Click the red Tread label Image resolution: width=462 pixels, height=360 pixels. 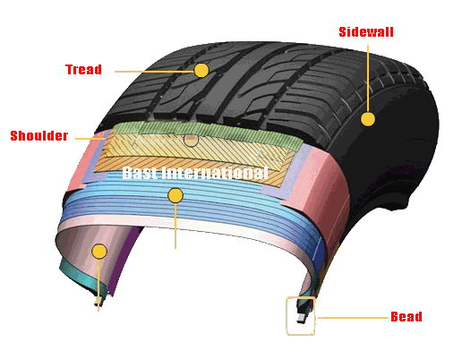click(x=83, y=69)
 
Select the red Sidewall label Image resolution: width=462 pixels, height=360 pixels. click(x=366, y=32)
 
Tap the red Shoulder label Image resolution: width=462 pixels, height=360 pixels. click(x=39, y=135)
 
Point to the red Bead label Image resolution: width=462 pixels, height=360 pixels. click(x=406, y=316)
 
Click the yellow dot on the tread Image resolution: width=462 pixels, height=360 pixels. click(x=201, y=71)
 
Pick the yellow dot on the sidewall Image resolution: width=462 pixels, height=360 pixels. click(x=368, y=119)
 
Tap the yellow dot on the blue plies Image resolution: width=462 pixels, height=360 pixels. click(x=175, y=195)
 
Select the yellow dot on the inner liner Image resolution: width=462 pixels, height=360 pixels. click(x=99, y=251)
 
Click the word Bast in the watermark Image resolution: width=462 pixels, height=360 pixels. click(x=140, y=173)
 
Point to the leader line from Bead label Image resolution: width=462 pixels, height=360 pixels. click(x=353, y=318)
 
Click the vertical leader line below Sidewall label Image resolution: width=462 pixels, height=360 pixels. click(x=368, y=78)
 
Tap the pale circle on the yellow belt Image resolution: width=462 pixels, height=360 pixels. click(x=191, y=140)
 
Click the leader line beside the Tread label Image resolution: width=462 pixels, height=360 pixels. click(x=154, y=72)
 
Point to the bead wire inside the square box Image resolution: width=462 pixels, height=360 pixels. click(x=302, y=317)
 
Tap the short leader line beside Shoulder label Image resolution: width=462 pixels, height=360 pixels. click(x=90, y=139)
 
